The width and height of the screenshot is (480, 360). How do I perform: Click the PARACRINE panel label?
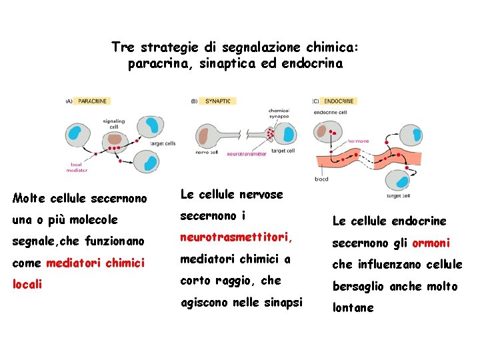coord(92,101)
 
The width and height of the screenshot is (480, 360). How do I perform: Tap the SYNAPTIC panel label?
coord(217,101)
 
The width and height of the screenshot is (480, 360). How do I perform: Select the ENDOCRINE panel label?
coord(339,101)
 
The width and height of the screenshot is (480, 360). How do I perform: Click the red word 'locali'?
coord(27,285)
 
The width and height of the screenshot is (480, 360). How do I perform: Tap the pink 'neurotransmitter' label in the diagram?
coord(247,154)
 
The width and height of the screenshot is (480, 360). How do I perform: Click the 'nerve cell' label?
coord(203,152)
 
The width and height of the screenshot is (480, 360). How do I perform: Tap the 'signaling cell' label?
coord(114,123)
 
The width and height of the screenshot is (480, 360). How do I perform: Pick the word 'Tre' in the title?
coord(123,47)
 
